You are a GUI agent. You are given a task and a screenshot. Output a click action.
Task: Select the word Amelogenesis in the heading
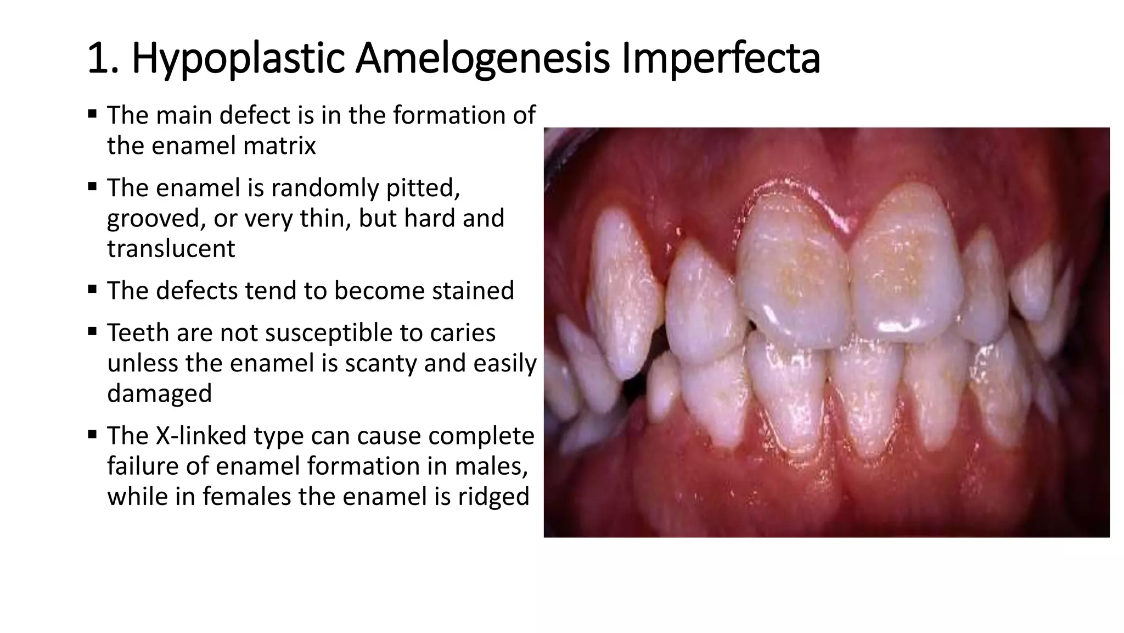point(482,59)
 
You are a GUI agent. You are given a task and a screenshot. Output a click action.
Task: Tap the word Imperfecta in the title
point(720,59)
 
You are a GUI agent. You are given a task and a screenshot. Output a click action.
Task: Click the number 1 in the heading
point(97,59)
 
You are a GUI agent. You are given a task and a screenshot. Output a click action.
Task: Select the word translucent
point(171,248)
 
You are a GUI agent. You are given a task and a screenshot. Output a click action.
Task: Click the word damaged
point(159,393)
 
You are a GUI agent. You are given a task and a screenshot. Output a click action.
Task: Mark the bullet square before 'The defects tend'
point(92,288)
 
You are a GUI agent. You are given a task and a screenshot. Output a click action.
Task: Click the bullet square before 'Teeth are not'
point(92,330)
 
